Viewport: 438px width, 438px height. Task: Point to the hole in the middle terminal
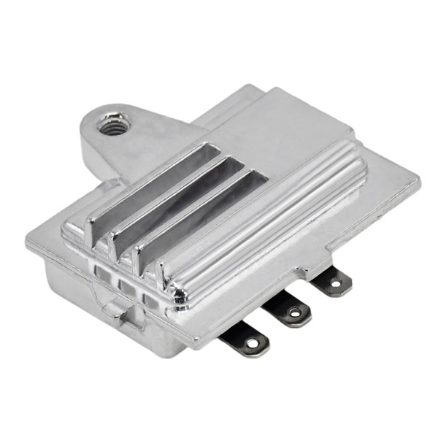coord(295,313)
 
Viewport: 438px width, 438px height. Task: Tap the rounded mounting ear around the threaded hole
coord(109,124)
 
